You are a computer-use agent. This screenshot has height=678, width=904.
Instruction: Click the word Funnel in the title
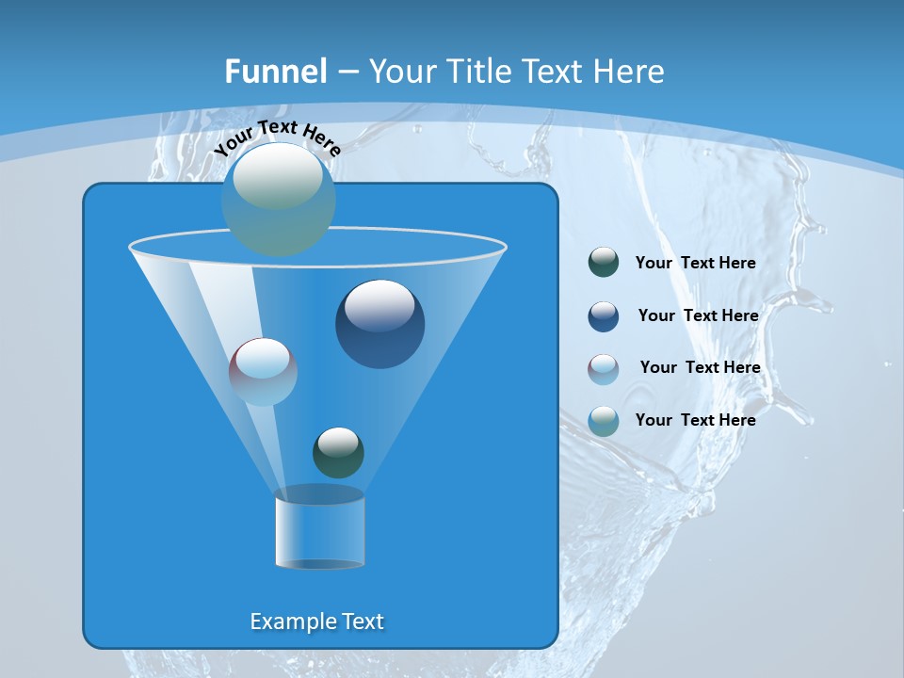pyautogui.click(x=275, y=72)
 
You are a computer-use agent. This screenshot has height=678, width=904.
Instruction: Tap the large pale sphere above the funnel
pyautogui.click(x=278, y=199)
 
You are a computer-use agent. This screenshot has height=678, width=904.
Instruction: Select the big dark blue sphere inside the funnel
pyautogui.click(x=379, y=325)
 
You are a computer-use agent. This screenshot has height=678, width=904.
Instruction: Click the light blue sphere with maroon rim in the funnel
pyautogui.click(x=263, y=372)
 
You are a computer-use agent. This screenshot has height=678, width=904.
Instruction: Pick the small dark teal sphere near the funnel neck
pyautogui.click(x=338, y=452)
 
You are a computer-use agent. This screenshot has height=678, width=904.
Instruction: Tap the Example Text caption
pyautogui.click(x=316, y=621)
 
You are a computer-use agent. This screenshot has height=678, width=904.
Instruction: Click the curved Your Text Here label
pyautogui.click(x=278, y=137)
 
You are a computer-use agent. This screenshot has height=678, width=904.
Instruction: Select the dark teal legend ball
pyautogui.click(x=604, y=263)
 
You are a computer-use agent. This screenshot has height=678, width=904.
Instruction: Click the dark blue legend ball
pyautogui.click(x=604, y=316)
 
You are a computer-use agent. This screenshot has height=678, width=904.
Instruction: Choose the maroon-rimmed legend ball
pyautogui.click(x=604, y=368)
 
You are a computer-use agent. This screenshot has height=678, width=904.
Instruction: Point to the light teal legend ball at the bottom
pyautogui.click(x=604, y=421)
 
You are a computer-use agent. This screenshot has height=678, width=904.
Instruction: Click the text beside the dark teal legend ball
pyautogui.click(x=695, y=264)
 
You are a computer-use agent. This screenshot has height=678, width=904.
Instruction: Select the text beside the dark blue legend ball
pyautogui.click(x=698, y=316)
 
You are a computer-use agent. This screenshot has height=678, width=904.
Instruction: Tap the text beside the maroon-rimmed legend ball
pyautogui.click(x=700, y=368)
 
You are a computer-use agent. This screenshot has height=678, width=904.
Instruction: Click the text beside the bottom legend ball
pyautogui.click(x=695, y=421)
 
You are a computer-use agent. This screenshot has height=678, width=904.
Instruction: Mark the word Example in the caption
pyautogui.click(x=287, y=621)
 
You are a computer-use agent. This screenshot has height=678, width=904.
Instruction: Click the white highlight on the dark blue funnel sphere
pyautogui.click(x=379, y=305)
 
